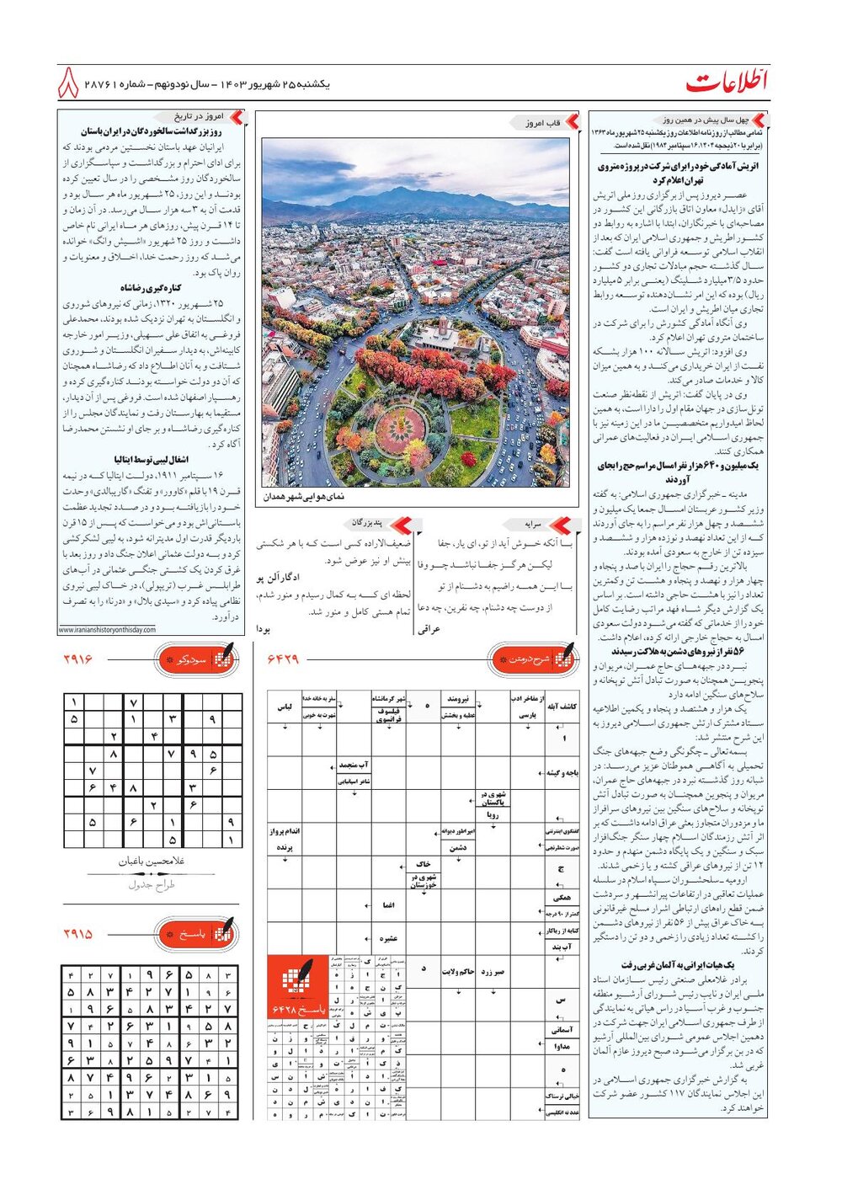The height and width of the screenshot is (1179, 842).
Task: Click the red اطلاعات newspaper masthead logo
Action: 726,82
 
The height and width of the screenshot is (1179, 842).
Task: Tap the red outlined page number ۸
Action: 68,84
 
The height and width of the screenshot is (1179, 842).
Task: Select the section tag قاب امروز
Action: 543,123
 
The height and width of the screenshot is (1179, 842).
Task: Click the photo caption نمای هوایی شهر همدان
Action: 303,497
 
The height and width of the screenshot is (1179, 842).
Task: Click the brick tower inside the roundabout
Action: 444,328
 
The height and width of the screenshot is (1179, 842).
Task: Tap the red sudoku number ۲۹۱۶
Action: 77,659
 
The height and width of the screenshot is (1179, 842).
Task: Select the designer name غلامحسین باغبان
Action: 152,862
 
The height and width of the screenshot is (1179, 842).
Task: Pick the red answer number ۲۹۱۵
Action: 77,934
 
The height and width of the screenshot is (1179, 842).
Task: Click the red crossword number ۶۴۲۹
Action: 283,659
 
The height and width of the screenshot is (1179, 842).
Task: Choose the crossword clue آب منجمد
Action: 354,766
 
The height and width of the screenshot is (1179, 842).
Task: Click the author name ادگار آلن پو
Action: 280,578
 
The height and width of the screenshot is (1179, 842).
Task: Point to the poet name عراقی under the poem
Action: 429,628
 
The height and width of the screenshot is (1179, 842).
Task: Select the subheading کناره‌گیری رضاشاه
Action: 151,288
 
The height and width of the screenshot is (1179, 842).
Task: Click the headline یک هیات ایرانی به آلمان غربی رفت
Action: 678,965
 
